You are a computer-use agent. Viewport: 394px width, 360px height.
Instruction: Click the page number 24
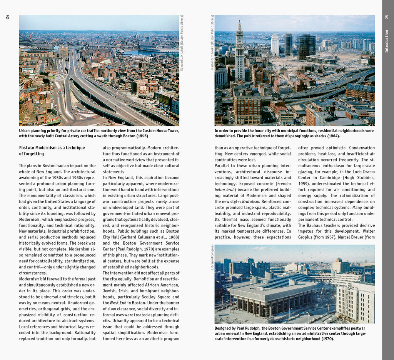8,17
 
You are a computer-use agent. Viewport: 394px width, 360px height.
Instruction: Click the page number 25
387,17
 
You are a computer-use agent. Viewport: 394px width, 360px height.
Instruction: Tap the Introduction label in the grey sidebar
387,41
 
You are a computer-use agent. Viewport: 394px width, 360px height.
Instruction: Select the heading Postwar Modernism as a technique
52,148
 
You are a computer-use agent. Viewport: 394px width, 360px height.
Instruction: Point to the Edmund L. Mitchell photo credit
182,42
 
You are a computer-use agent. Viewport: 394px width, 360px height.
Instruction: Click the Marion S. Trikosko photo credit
212,42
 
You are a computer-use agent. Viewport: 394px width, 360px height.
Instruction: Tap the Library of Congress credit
212,257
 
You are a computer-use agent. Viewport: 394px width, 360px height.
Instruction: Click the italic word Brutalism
250,202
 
